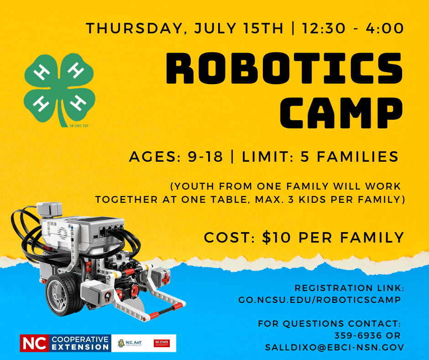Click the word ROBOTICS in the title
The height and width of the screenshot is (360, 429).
[284, 68]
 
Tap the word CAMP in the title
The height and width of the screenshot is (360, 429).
[341, 113]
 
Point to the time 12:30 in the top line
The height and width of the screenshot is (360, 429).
[324, 28]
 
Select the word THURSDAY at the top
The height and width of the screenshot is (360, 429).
[134, 29]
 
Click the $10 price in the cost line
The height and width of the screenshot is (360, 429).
[276, 237]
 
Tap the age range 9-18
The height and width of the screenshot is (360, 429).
[205, 157]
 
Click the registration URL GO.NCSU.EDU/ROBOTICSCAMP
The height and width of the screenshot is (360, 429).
[319, 300]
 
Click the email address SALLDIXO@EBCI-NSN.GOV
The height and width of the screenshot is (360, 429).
[335, 347]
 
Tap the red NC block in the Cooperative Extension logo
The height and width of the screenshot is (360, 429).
[35, 343]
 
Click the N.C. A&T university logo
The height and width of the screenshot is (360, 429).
[130, 343]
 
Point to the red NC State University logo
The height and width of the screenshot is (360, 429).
[162, 343]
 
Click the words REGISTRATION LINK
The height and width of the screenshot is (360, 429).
[350, 288]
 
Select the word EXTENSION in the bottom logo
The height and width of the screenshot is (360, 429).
[80, 347]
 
